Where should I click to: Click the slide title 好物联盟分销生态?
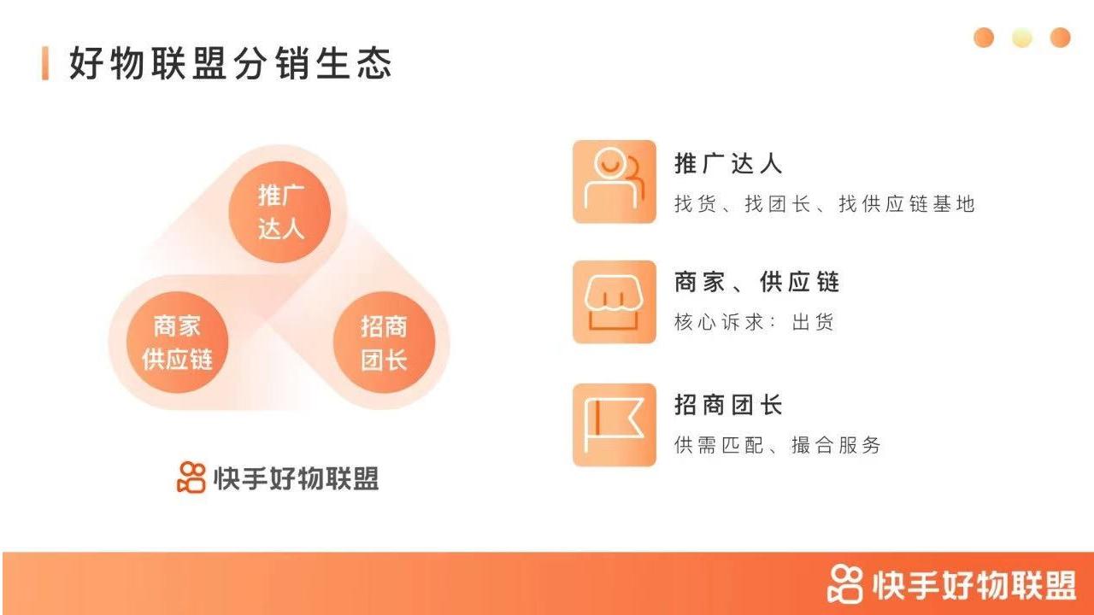[231, 63]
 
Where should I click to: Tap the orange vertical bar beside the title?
[45, 63]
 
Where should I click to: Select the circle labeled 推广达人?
[279, 212]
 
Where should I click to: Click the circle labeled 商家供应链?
[177, 343]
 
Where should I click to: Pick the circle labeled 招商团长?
[385, 343]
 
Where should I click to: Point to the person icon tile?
[615, 182]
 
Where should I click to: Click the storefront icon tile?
[615, 302]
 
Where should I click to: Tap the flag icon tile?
[615, 425]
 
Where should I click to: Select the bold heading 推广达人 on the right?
[728, 163]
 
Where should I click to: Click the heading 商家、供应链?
[756, 282]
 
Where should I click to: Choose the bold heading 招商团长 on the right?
[728, 405]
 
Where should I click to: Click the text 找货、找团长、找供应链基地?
[825, 203]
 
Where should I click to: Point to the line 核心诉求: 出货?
[754, 322]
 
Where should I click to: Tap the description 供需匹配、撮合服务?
[778, 445]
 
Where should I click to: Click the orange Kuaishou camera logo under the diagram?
[191, 477]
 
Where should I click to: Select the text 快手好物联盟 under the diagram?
[296, 477]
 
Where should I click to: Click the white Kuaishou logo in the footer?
[845, 583]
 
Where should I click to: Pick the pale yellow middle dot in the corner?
[1022, 38]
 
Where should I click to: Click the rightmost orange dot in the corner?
[1061, 38]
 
